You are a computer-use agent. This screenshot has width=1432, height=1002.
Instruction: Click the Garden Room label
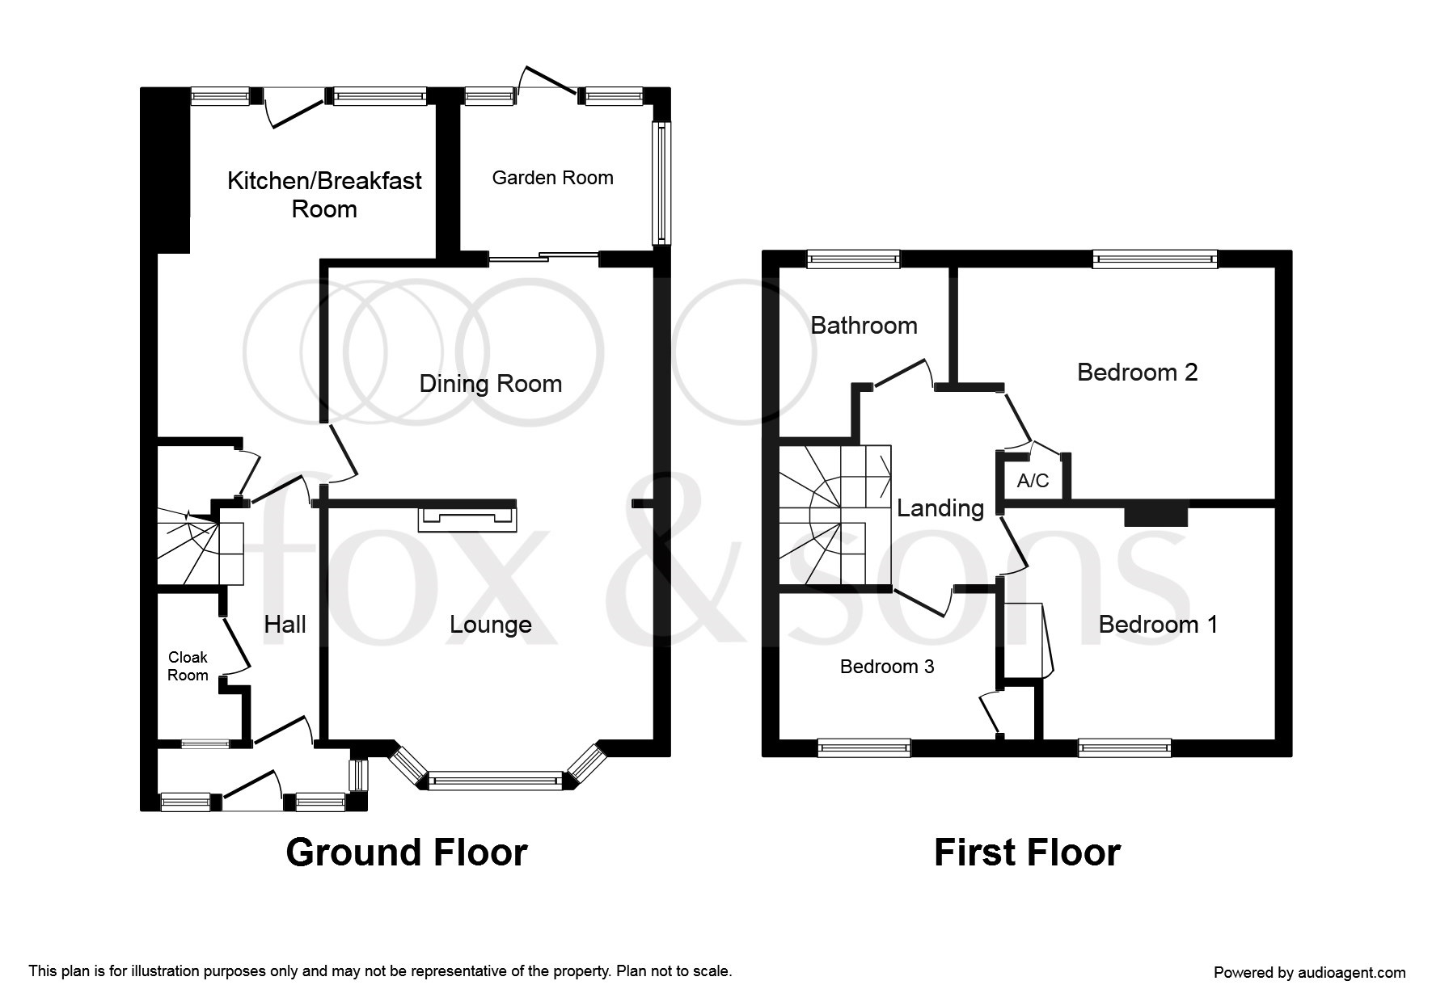pyautogui.click(x=552, y=178)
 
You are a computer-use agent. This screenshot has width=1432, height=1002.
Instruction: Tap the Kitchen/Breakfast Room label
pyautogui.click(x=324, y=195)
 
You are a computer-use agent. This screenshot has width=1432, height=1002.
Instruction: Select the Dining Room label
pyautogui.click(x=491, y=384)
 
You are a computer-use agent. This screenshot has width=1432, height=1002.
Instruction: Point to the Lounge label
pyautogui.click(x=491, y=625)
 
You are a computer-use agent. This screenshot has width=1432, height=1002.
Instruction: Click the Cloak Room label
pyautogui.click(x=188, y=667)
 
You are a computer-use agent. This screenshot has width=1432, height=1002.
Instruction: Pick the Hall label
pyautogui.click(x=285, y=624)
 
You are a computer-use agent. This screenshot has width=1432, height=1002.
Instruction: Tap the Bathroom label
pyautogui.click(x=864, y=326)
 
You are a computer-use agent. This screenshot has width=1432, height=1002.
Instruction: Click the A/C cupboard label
pyautogui.click(x=1033, y=481)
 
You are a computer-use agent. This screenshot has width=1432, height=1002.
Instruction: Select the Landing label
pyautogui.click(x=940, y=508)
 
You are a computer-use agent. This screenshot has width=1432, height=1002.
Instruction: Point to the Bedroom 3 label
pyautogui.click(x=887, y=667)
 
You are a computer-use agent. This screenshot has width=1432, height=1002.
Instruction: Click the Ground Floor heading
pyautogui.click(x=407, y=853)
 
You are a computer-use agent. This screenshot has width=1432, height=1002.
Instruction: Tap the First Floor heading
pyautogui.click(x=1027, y=853)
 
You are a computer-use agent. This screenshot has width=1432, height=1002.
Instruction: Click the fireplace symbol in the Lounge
pyautogui.click(x=467, y=518)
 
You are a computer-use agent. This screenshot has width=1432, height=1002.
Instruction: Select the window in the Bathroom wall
pyautogui.click(x=853, y=259)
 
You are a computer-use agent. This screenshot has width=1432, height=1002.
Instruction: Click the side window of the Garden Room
pyautogui.click(x=661, y=183)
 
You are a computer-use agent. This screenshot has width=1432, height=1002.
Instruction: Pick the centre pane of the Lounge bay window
pyautogui.click(x=494, y=781)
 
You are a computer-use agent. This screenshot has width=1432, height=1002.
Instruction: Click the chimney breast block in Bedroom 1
pyautogui.click(x=1156, y=516)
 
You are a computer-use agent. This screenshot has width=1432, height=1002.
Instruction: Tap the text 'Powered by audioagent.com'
pyautogui.click(x=1309, y=973)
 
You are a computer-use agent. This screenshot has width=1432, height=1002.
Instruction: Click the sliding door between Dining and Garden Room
pyautogui.click(x=543, y=258)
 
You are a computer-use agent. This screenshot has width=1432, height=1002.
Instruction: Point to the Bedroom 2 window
pyautogui.click(x=1155, y=259)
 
